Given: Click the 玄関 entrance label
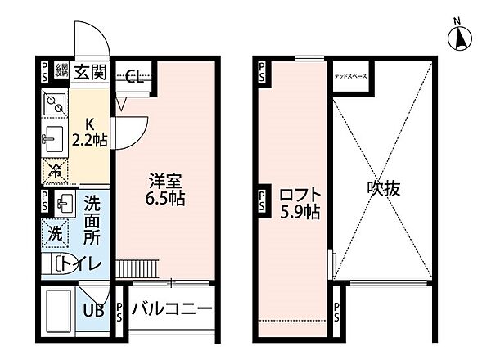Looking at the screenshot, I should tap(91, 72).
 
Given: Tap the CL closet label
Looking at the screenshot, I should tap(136, 77).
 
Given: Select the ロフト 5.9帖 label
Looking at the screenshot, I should tap(300, 203).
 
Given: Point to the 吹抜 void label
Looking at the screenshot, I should tap(383, 188).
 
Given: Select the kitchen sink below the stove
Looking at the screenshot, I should tap(54, 141).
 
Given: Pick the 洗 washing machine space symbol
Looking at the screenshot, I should tap(53, 232).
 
